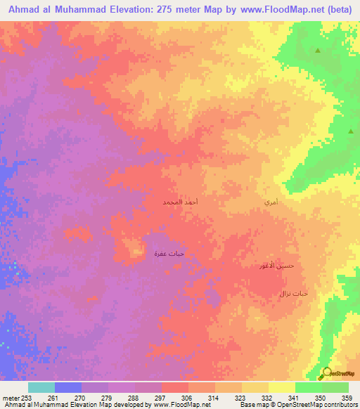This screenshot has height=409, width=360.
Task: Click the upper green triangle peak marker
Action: (x=317, y=51)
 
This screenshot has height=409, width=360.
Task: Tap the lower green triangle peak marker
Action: (x=351, y=131)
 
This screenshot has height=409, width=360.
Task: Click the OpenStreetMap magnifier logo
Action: (x=326, y=374)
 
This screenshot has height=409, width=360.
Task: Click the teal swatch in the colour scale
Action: (x=41, y=387)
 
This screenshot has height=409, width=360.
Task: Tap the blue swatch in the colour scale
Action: (x=67, y=387)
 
